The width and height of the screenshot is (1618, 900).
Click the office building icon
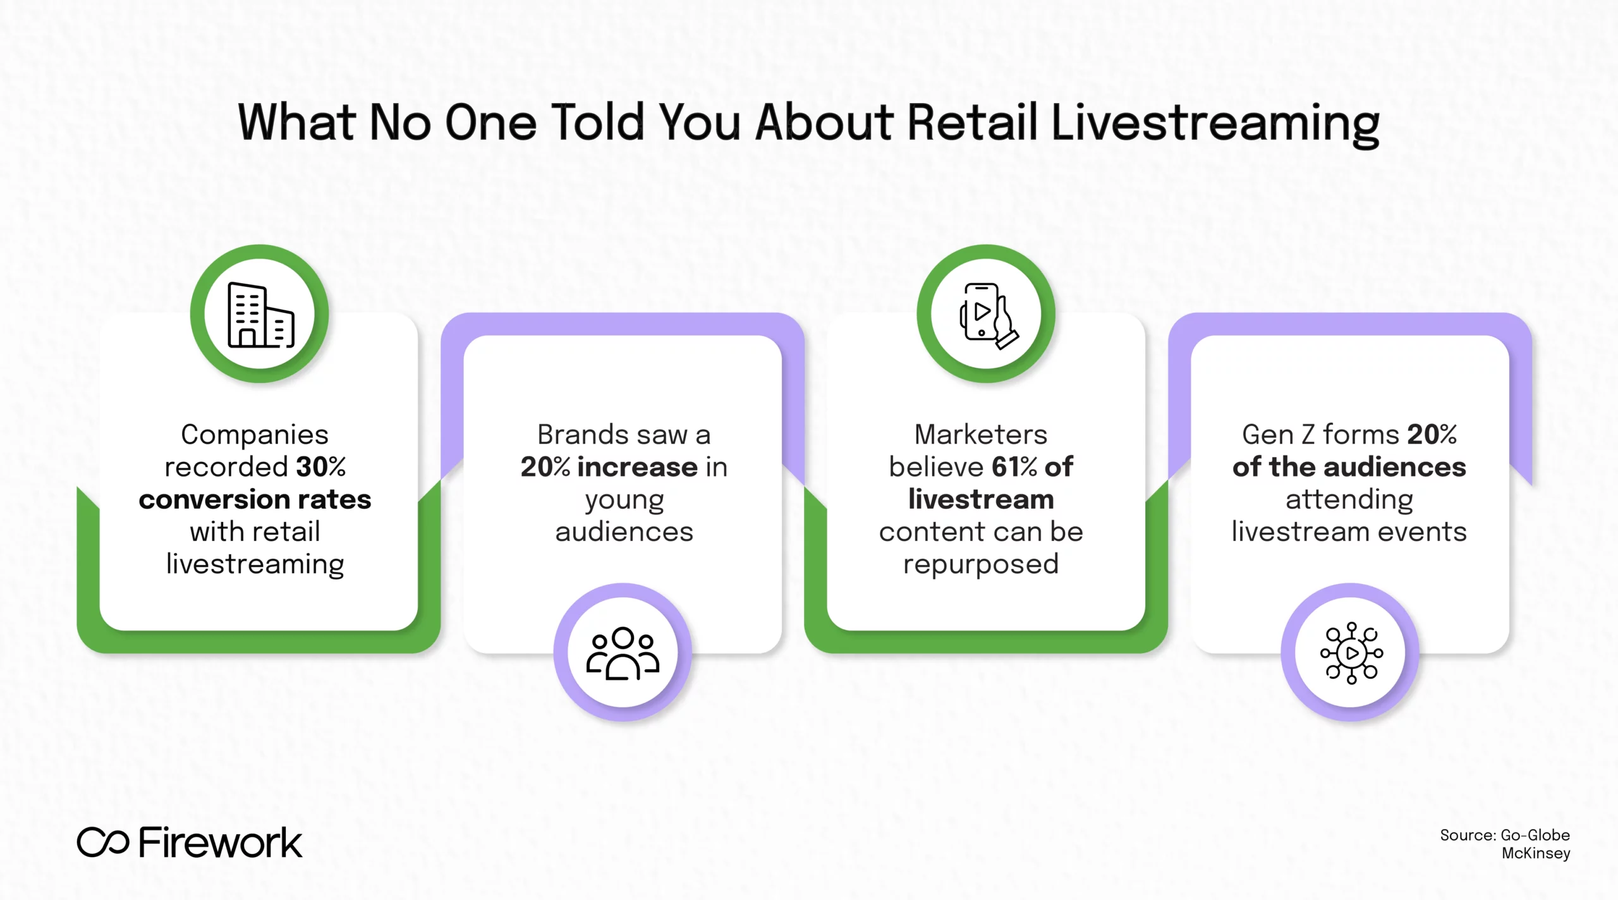tap(261, 315)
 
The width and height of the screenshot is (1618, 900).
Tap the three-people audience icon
tap(623, 653)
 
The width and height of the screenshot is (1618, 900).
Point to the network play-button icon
tap(1351, 653)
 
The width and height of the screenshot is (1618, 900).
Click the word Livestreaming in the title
tap(1215, 125)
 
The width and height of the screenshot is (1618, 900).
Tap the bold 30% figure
tap(321, 466)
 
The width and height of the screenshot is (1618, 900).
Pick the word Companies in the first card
tap(255, 435)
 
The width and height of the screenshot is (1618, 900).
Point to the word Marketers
tap(981, 434)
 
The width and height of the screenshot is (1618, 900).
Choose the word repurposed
tap(981, 564)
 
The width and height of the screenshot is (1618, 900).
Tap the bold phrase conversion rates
tap(255, 499)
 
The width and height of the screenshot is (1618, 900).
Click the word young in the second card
tap(624, 501)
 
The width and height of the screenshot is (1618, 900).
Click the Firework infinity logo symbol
tap(103, 842)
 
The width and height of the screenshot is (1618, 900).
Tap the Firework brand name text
tap(221, 842)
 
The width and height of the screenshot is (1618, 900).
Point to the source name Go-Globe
tap(1535, 835)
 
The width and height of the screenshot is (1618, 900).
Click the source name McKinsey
tap(1536, 853)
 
